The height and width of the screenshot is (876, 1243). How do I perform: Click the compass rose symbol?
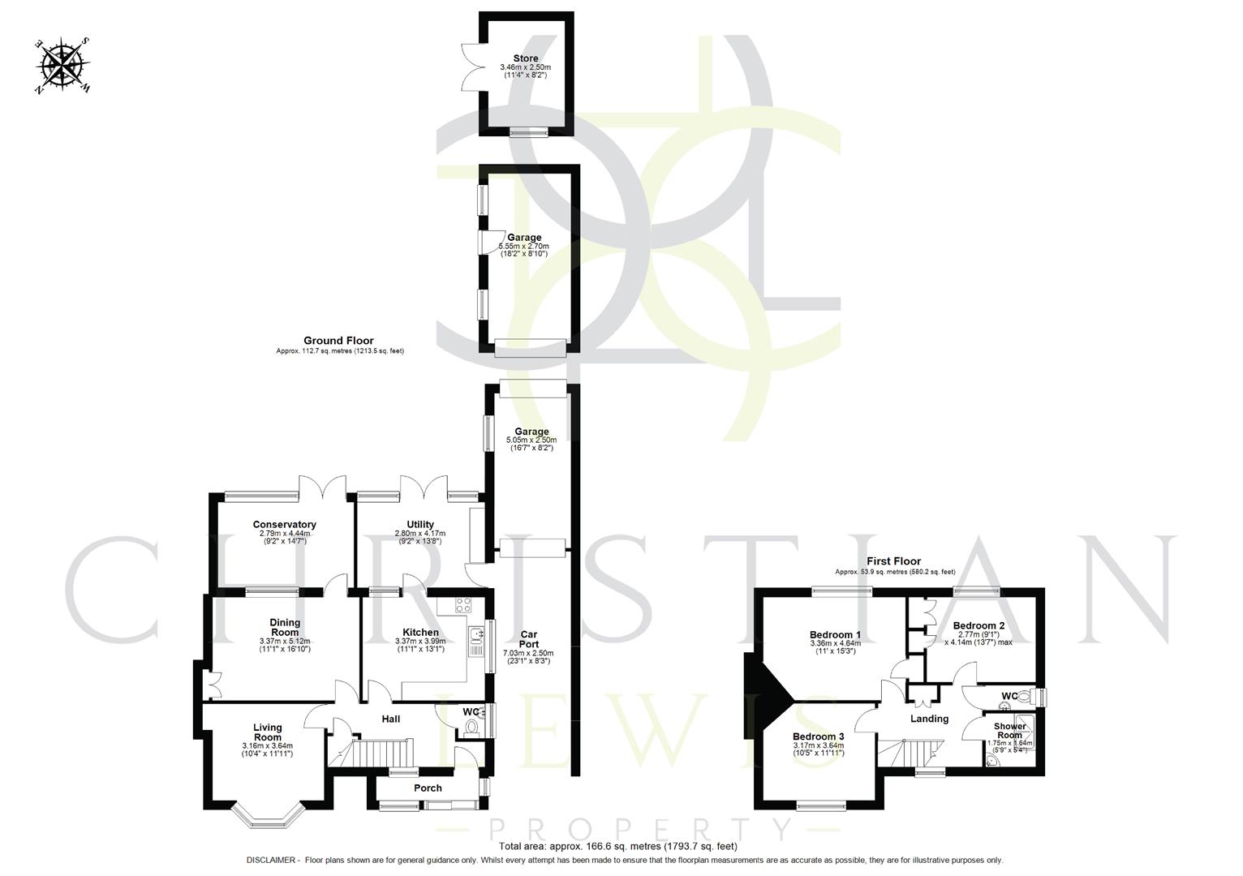[x=62, y=65]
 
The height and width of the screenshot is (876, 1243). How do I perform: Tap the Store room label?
[x=525, y=58]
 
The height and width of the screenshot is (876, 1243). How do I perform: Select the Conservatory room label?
[x=284, y=525]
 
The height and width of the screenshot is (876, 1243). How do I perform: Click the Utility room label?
[x=419, y=525]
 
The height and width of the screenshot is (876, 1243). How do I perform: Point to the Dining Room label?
[x=285, y=627]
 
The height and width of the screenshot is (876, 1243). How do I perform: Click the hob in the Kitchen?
[x=463, y=604]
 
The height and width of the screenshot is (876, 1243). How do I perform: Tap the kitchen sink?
[x=475, y=637]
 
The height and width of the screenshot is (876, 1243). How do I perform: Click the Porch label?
[x=428, y=788]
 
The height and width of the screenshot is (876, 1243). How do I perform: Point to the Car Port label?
[x=528, y=639]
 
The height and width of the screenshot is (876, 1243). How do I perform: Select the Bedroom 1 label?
[x=835, y=635]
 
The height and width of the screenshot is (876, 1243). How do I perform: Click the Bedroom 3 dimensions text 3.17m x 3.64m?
[x=819, y=745]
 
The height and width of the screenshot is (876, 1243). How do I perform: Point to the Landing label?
[x=929, y=719]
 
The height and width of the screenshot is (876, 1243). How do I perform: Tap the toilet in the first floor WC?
[x=1027, y=697]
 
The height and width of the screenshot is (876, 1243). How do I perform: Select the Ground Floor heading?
[x=338, y=341]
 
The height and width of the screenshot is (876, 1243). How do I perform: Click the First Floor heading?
[x=893, y=561]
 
